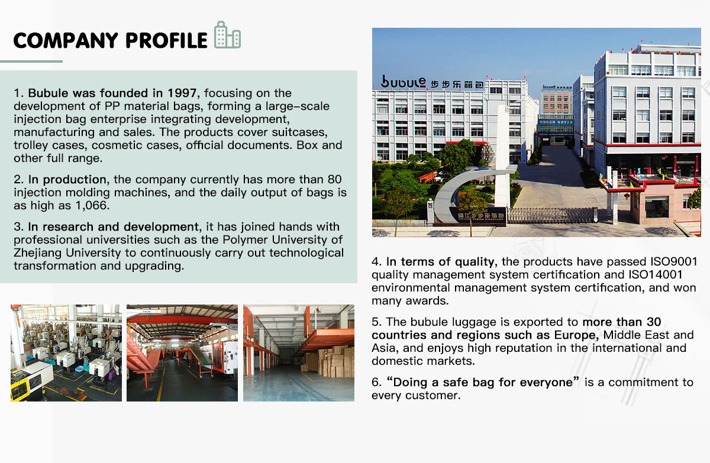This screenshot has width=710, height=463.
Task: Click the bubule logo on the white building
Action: pos(404,82)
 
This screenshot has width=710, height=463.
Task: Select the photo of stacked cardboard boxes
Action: pos(299,353)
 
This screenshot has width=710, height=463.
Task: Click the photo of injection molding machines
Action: pos(66,353)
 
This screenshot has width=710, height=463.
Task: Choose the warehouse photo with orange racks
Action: pos(182,353)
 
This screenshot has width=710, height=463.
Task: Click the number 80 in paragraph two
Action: pos(334,179)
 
